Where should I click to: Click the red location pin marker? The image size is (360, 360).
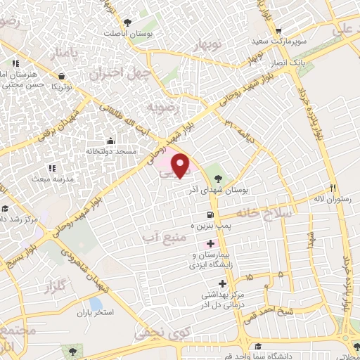click(181, 165)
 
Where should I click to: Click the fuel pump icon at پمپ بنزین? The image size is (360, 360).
click(210, 215)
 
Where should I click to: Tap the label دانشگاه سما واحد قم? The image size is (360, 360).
click(285, 356)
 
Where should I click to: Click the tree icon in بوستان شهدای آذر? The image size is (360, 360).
click(218, 177)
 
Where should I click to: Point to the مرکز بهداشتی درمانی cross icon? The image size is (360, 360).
click(223, 284)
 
